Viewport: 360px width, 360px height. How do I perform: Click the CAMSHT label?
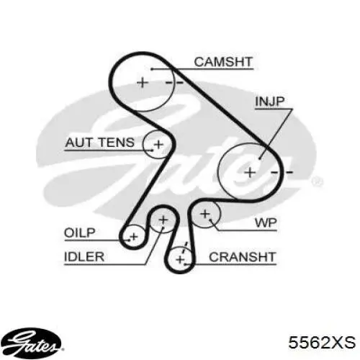pos(223,62)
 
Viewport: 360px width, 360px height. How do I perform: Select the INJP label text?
pos(270,102)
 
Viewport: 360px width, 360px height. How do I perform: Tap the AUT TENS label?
pos(100,143)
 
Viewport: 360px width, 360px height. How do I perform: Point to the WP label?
pos(266,223)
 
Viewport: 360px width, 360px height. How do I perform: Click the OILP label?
pos(80,233)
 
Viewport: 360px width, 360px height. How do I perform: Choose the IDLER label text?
pos(84,257)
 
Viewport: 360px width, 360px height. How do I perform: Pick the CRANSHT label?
pos(242,257)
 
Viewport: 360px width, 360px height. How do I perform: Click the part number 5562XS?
pos(322,342)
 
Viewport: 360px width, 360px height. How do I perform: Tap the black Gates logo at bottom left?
pos(31,343)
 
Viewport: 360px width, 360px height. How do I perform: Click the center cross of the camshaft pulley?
pos(143,83)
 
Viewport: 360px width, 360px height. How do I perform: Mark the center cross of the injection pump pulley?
pos(250,173)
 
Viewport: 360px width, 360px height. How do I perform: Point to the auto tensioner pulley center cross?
pos(158,145)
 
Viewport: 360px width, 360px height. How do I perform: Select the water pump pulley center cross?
pos(205,214)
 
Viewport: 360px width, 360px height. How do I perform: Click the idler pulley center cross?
pos(163,220)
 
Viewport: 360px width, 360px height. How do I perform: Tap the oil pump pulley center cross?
pos(134,237)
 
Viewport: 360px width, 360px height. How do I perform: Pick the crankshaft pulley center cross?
pos(180,260)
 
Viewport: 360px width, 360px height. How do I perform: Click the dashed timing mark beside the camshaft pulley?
pos(174,83)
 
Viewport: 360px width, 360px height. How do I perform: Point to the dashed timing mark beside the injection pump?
pos(282,172)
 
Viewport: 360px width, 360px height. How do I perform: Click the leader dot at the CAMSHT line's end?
pos(152,69)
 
